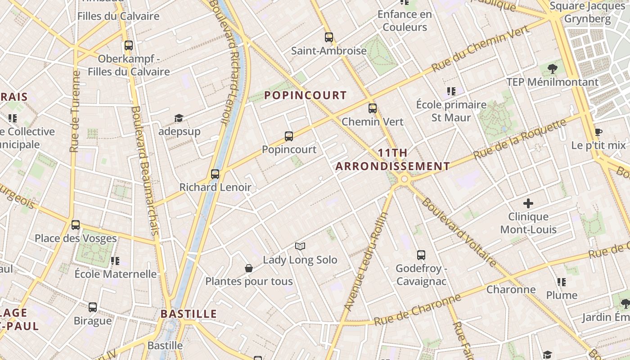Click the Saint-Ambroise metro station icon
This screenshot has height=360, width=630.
point(329,37)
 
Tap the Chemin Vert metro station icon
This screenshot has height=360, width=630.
point(373,108)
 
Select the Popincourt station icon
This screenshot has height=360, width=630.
point(289,136)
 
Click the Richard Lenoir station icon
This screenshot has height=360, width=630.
point(215,174)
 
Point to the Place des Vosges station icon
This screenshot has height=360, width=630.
point(76,225)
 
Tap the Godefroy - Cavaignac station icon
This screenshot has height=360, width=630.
point(421,255)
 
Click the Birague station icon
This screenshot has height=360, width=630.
point(93,307)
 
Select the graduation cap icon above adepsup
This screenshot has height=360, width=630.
point(179,118)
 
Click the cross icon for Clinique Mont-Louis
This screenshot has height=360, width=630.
point(528,203)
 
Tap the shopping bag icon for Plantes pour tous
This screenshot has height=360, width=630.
point(249,268)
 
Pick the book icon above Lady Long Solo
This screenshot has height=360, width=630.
point(300,246)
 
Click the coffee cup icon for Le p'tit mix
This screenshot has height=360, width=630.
point(598,132)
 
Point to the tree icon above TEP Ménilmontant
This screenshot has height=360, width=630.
point(553,69)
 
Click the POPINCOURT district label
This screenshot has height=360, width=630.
point(305,95)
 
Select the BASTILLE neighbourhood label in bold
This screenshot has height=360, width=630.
point(189,314)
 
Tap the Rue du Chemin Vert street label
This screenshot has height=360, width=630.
point(480,49)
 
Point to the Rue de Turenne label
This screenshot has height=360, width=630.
point(75,112)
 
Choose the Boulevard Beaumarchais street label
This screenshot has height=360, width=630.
point(144,171)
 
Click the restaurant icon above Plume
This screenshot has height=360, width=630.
point(561,282)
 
